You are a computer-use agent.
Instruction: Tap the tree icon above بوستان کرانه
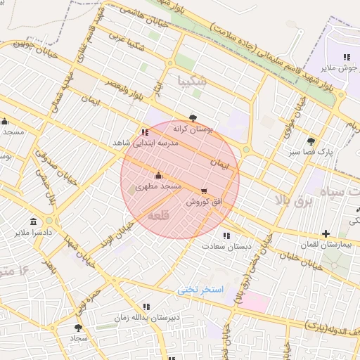(193, 118)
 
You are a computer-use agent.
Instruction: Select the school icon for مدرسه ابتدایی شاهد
(145, 131)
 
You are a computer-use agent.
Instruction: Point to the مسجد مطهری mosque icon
(158, 175)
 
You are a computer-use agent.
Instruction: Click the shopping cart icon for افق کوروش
(204, 191)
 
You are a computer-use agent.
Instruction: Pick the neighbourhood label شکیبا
(193, 80)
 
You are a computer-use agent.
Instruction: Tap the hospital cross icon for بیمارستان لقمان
(326, 233)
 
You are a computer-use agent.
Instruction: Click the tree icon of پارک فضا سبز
(311, 140)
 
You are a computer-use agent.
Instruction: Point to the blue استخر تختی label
(200, 290)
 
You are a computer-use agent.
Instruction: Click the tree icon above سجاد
(78, 327)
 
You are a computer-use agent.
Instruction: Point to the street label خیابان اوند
(118, 237)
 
